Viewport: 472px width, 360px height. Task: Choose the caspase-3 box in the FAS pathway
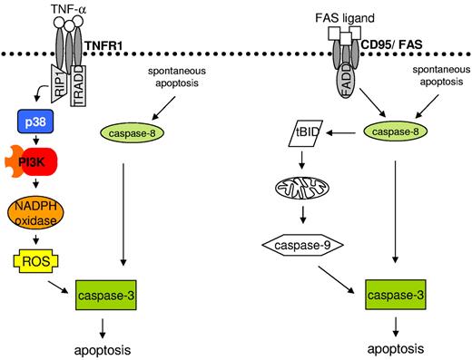pyautogui.click(x=395, y=296)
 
